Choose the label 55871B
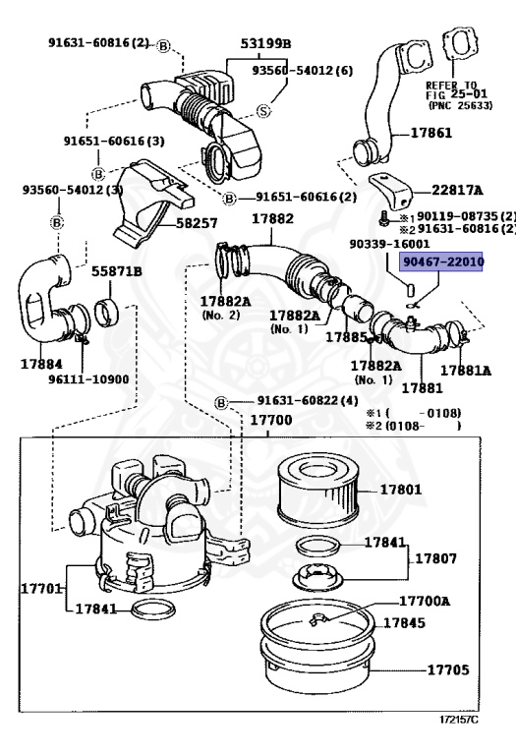117,270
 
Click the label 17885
346,337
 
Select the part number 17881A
466,371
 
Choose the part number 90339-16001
389,243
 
